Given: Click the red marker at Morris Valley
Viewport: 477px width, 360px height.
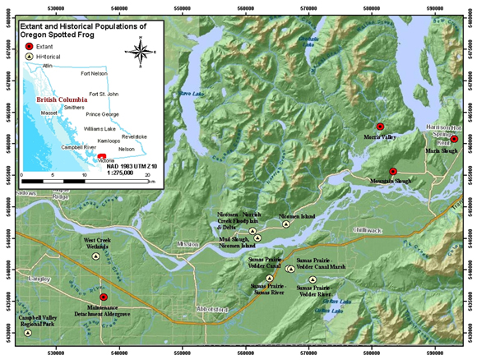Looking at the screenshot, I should click(x=380, y=127).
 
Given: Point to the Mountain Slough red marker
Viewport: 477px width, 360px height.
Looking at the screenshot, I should click(x=393, y=170).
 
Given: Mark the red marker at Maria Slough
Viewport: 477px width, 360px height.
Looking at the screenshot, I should click(x=454, y=140).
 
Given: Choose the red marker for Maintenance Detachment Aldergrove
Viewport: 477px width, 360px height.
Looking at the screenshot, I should click(x=104, y=297).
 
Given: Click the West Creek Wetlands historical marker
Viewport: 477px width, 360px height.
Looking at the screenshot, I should click(x=95, y=256).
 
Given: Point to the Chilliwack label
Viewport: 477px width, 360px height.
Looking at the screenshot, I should click(x=369, y=231).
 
